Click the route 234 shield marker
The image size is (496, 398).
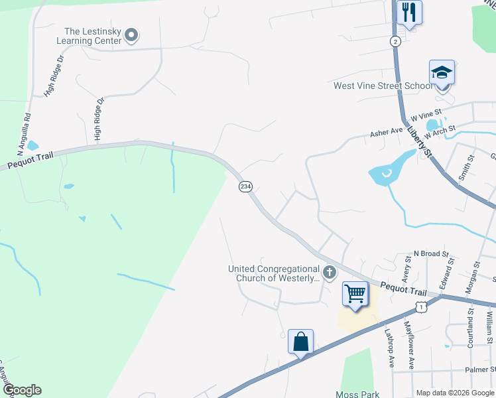click(x=245, y=187)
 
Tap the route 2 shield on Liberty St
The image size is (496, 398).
click(x=395, y=41)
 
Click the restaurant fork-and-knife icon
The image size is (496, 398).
click(x=408, y=12)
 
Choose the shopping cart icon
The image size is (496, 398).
click(x=355, y=293)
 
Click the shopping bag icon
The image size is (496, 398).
click(x=300, y=342)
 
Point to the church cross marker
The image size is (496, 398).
click(x=329, y=272)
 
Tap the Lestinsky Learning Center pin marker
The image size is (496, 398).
click(x=131, y=34)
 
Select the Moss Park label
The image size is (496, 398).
click(x=357, y=394)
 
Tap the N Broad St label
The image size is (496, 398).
click(x=431, y=253)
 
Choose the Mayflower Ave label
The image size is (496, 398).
click(x=410, y=345)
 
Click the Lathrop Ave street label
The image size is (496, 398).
click(x=389, y=348)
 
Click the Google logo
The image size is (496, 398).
click(x=22, y=390)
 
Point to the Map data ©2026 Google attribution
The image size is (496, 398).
click(x=454, y=393)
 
